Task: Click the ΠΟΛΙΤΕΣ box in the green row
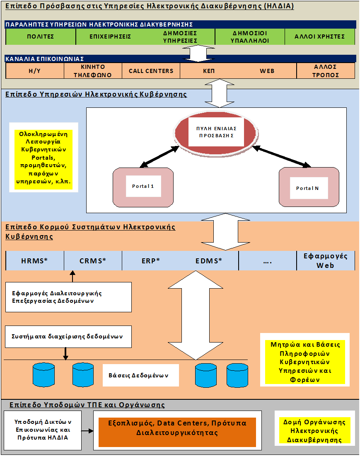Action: pos(41,36)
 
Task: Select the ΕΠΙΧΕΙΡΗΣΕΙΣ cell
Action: pos(110,36)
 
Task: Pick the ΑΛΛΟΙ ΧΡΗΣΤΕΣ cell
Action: pos(320,36)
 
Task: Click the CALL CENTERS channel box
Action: pos(151,71)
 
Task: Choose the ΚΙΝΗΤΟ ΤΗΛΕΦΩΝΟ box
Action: pos(93,71)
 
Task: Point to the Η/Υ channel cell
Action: pos(35,71)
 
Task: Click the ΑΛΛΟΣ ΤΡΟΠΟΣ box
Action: pos(326,71)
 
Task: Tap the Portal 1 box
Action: pos(143,187)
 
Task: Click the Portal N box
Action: pos(308,188)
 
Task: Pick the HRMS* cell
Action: pos(35,261)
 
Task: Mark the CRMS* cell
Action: pos(93,261)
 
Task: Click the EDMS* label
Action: pos(209,261)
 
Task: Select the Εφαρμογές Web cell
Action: pos(326,261)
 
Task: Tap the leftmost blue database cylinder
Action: pos(43,374)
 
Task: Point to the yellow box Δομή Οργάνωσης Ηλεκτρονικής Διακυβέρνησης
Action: pos(314,431)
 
